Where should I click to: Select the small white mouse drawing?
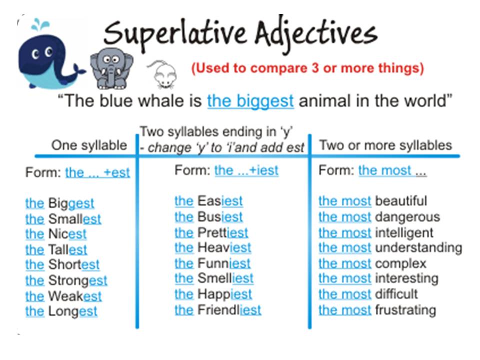pyautogui.click(x=164, y=74)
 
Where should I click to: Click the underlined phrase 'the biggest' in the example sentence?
pyautogui.click(x=250, y=101)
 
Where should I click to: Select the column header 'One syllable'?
pyautogui.click(x=89, y=145)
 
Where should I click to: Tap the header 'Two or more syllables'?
pyautogui.click(x=385, y=145)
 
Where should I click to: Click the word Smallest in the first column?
pyautogui.click(x=74, y=218)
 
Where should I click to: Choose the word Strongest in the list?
pyautogui.click(x=77, y=280)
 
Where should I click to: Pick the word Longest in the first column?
pyautogui.click(x=72, y=311)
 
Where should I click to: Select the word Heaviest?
pyautogui.click(x=224, y=247)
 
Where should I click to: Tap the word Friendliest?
pyautogui.click(x=229, y=309)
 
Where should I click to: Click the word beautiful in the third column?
pyautogui.click(x=401, y=201)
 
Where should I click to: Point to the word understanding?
pyautogui.click(x=418, y=247)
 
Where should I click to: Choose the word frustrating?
pyautogui.click(x=405, y=309)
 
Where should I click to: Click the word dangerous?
pyautogui.click(x=407, y=216)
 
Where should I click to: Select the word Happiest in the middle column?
pyautogui.click(x=224, y=294)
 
